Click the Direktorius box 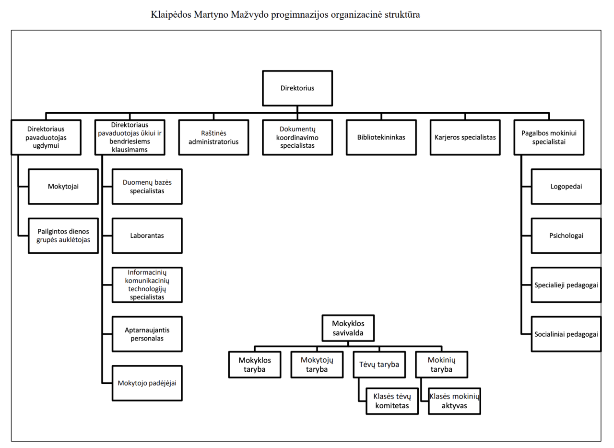[x=297, y=88]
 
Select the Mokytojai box [x=63, y=186]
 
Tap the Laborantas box [x=147, y=236]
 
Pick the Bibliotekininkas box [x=381, y=137]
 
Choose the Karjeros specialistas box [x=465, y=137]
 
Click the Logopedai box [x=566, y=186]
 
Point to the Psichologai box [x=566, y=236]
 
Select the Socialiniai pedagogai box [x=566, y=333]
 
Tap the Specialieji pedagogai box [x=566, y=284]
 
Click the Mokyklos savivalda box [x=348, y=328]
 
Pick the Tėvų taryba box [x=379, y=365]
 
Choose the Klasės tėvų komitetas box [x=391, y=401]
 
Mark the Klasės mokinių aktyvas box [x=454, y=401]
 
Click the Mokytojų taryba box [x=317, y=365]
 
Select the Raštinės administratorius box [x=213, y=137]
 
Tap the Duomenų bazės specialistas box [x=147, y=186]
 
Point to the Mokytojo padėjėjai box [x=147, y=383]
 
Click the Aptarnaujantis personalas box [x=147, y=334]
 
